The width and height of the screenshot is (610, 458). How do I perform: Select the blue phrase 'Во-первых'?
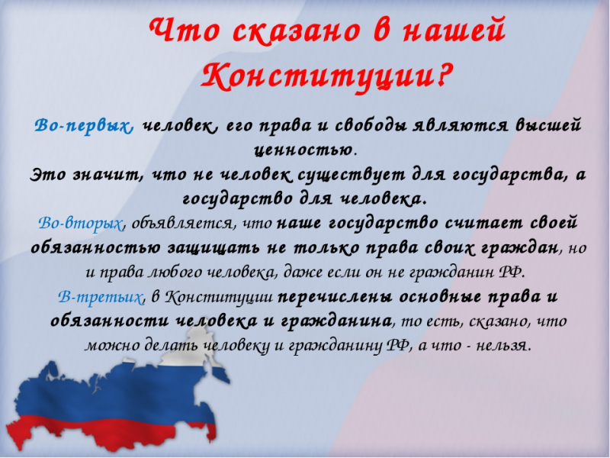click(85, 127)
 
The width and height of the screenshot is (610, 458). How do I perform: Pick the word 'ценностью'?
click(303, 150)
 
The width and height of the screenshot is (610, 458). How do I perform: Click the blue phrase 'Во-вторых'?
click(81, 223)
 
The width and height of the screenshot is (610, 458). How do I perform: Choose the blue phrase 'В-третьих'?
click(101, 297)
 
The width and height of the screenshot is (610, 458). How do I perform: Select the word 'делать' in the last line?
click(173, 346)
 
